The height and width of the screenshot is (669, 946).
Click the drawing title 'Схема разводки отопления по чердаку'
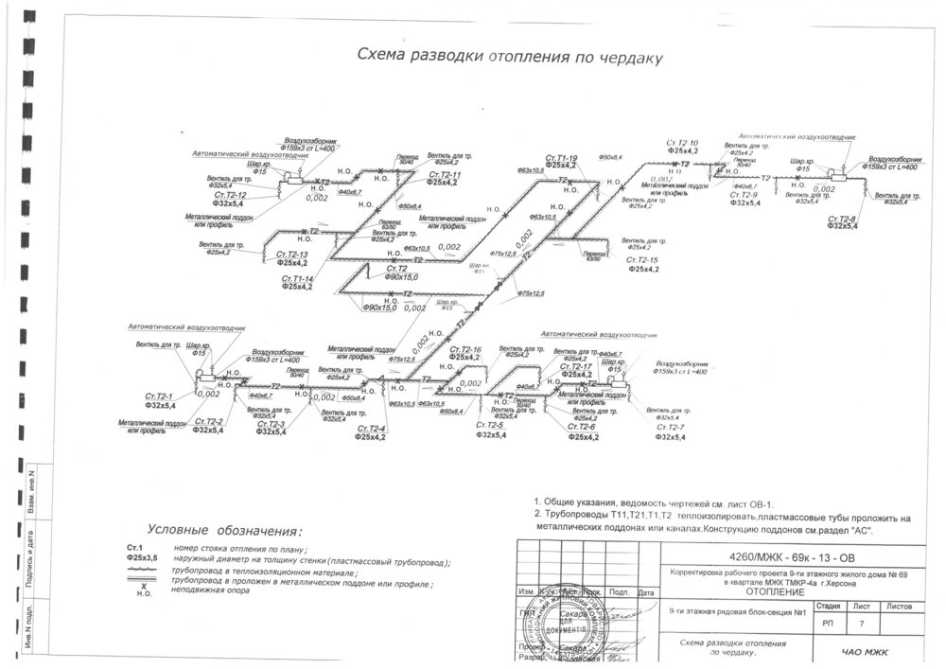[x=508, y=56]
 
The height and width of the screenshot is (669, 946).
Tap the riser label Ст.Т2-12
[x=227, y=195]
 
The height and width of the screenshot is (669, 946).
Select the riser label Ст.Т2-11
[x=444, y=175]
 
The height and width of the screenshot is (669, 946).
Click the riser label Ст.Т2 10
[x=682, y=142]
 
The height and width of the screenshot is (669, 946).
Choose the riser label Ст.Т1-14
[x=298, y=278]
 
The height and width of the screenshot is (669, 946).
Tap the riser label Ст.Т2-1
[x=158, y=396]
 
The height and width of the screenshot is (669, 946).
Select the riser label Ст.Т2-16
[x=464, y=350]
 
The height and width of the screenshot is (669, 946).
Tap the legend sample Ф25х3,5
[x=141, y=558]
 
